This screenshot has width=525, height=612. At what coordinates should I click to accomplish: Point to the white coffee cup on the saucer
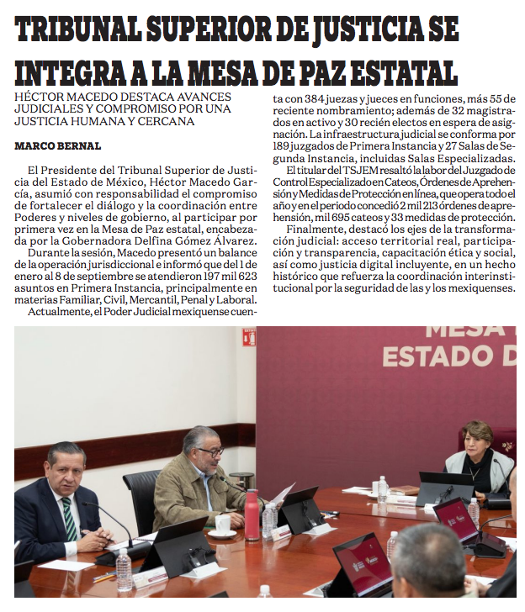pyautogui.click(x=223, y=525)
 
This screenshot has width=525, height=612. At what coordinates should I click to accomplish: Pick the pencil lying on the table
pyautogui.click(x=103, y=578)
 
